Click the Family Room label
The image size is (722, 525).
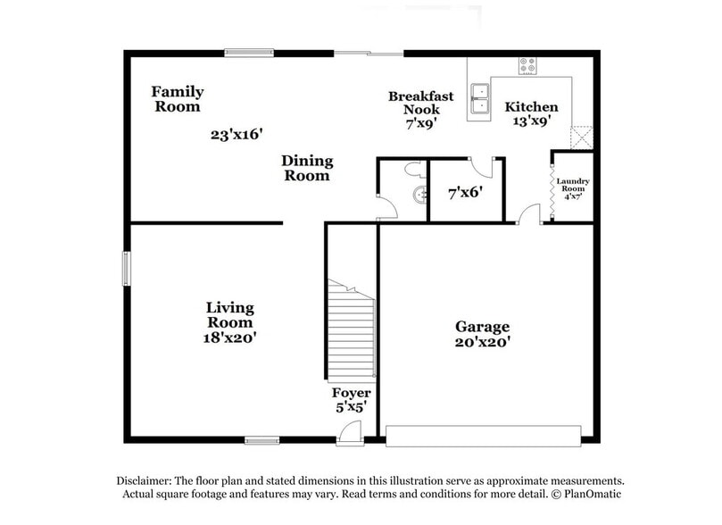coord(177,98)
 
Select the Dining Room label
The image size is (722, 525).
coord(307,168)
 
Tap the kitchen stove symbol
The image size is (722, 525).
coord(527,65)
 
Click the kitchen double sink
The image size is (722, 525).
coord(480,100)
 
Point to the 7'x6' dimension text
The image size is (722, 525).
coord(465,190)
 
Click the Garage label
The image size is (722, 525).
coord(483,327)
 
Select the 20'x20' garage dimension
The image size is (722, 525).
coord(483,341)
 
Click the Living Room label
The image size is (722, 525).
coord(229,315)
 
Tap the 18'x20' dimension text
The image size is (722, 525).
coord(229,337)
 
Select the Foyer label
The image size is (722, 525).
coord(351,394)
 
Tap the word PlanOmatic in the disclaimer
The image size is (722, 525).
coord(585,494)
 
